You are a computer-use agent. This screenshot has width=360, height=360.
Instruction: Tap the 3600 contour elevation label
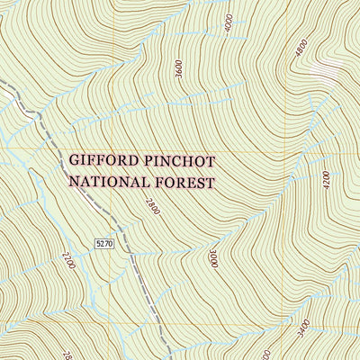pos(179,68)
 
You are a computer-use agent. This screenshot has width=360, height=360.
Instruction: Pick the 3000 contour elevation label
pos(213,260)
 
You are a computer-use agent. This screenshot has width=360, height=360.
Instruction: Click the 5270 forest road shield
pos(105,244)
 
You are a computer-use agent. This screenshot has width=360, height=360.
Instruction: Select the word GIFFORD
pos(103,162)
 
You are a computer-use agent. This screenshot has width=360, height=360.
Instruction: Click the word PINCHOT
pos(186,162)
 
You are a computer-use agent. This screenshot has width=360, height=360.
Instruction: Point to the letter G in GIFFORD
pos(75,162)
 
